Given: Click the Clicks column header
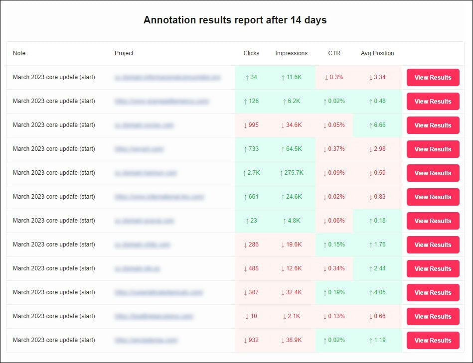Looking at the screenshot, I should [x=251, y=53].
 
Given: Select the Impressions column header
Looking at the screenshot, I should [x=291, y=53].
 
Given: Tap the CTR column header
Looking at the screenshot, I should [x=334, y=53].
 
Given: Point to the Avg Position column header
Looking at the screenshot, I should [x=377, y=53].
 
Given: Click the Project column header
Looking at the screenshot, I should [x=124, y=53].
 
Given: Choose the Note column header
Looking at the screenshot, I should [x=19, y=53].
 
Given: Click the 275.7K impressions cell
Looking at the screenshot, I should [x=292, y=173].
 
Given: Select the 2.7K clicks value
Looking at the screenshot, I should [x=251, y=173].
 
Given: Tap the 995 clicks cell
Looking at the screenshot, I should [x=251, y=125].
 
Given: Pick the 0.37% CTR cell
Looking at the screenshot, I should [x=334, y=149].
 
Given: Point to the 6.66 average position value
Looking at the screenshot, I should [x=377, y=125].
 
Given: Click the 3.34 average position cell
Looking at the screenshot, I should [x=377, y=77].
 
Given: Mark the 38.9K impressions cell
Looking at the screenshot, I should [x=292, y=340].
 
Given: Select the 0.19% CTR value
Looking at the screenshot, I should [x=334, y=292].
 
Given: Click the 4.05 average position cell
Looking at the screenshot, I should [x=377, y=292].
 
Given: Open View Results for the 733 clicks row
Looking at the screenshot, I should [x=433, y=149].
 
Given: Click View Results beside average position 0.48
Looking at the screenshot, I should [x=433, y=101].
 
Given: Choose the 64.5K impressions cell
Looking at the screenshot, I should [x=292, y=149].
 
